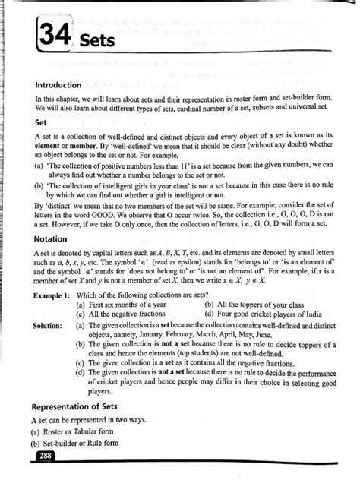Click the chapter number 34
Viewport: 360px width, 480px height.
pos(53,35)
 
